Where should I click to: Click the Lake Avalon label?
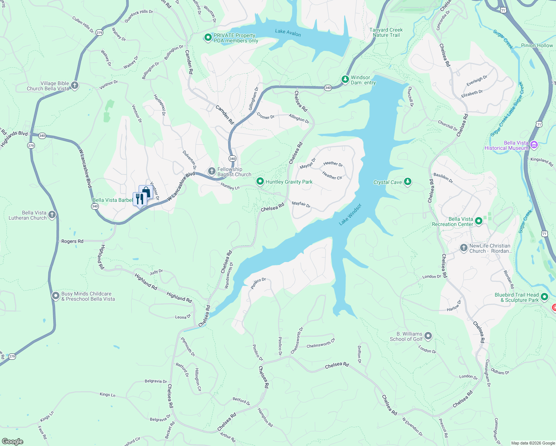coord(288,33)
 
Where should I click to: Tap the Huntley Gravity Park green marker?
coord(260,181)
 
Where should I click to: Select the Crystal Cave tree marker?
coord(408,181)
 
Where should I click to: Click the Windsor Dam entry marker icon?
coord(345,79)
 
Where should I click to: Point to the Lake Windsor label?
coord(350,214)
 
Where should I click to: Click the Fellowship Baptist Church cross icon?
coord(211,171)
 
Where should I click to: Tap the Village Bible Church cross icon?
coord(75,85)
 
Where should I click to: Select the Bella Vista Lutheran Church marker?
coord(52,214)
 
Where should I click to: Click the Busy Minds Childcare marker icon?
coord(55,296)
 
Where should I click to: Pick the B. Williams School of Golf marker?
coord(428,336)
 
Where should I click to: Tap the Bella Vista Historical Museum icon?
coord(534,145)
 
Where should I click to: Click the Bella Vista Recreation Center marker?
coord(479,221)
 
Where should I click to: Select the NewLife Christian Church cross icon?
coord(463,248)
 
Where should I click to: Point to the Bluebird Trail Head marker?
coord(544,297)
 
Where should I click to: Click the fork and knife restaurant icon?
coord(139,198)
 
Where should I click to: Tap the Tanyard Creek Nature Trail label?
coord(386,32)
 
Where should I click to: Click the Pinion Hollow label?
coord(537,45)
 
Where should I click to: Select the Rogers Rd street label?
coord(72,241)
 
